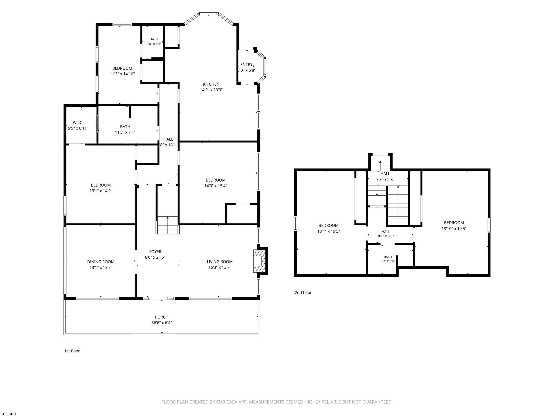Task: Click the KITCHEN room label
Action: point(211,84)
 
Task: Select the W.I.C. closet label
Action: point(78,123)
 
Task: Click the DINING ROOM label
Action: point(101,262)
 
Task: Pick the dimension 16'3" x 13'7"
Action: point(220,267)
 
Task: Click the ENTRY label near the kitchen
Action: point(247,65)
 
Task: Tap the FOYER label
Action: point(155,252)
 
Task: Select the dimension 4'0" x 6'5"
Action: point(154,44)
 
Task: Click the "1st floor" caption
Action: point(72,351)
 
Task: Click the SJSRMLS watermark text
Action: point(9,414)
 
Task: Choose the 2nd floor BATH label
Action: point(388,257)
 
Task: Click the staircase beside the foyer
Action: point(168,225)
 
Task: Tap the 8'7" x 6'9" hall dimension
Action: point(386,236)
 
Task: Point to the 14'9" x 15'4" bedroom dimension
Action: point(216,186)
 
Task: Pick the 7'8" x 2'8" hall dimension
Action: point(385,179)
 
